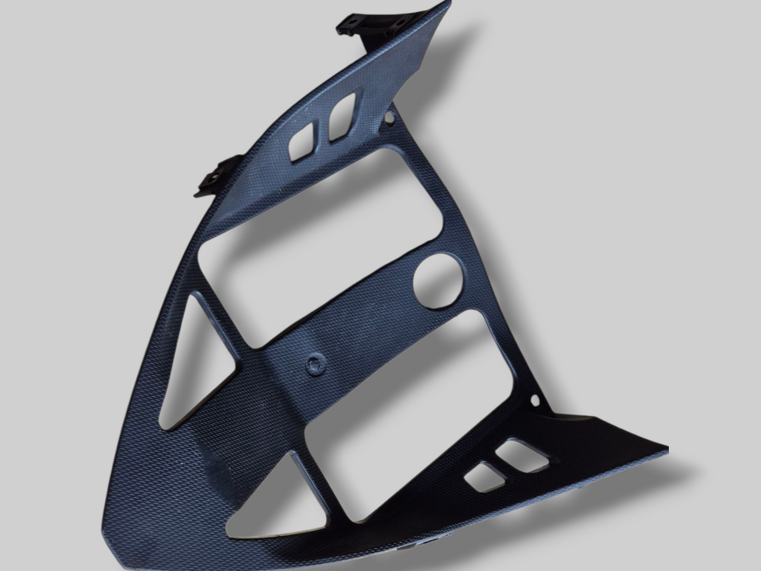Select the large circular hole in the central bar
click(x=437, y=280)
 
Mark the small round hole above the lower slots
click(x=536, y=400)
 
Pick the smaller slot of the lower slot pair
click(x=483, y=476)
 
